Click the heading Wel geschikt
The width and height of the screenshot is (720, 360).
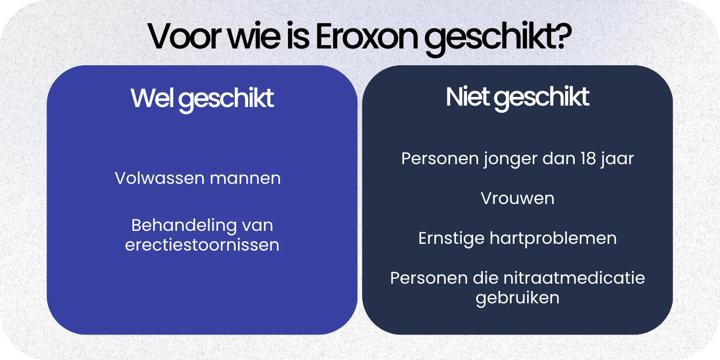point(202,98)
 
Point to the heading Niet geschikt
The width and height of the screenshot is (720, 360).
point(517,97)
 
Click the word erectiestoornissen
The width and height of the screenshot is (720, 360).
point(202,245)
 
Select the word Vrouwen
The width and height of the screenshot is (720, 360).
point(517,198)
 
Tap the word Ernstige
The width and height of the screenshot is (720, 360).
point(451,239)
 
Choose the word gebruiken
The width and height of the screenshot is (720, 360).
point(517,298)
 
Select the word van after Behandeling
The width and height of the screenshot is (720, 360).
point(257,225)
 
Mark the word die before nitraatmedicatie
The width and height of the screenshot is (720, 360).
point(487,278)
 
